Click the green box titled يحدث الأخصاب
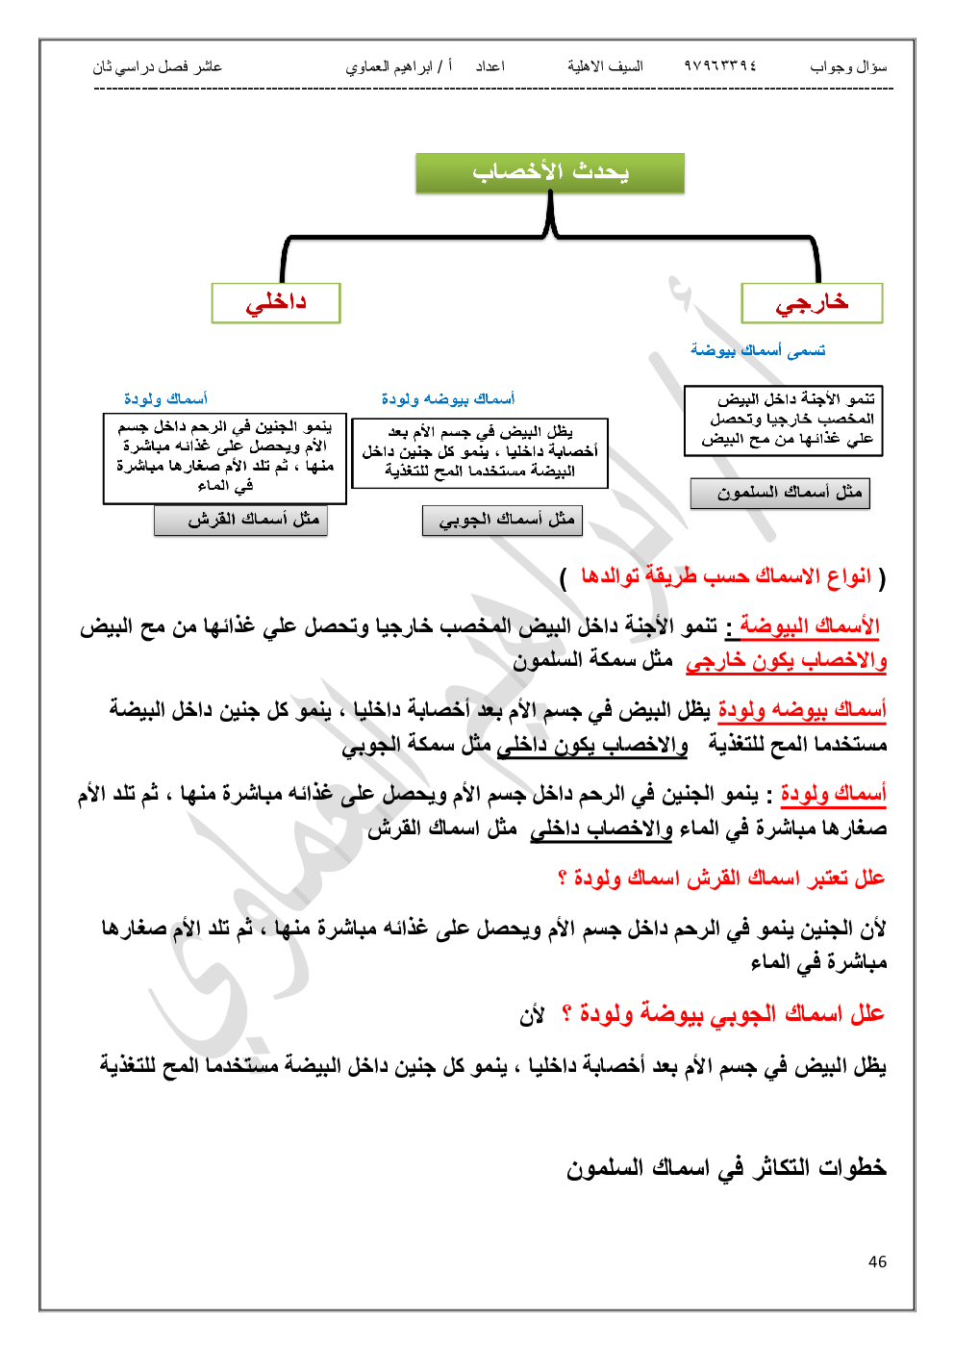549,173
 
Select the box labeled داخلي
276,303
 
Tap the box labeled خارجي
812,303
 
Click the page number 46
877,1261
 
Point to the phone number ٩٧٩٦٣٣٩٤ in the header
720,66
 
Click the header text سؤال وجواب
848,66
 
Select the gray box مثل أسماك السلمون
780,493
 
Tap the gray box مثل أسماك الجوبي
502,520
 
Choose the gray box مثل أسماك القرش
240,520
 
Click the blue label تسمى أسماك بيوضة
758,350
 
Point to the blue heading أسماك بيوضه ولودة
447,398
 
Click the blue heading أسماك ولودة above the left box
165,398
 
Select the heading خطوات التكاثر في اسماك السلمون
726,1167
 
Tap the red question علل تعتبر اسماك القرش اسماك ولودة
721,878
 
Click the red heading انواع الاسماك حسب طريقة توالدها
726,576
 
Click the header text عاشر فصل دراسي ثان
157,66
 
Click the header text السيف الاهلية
605,66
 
